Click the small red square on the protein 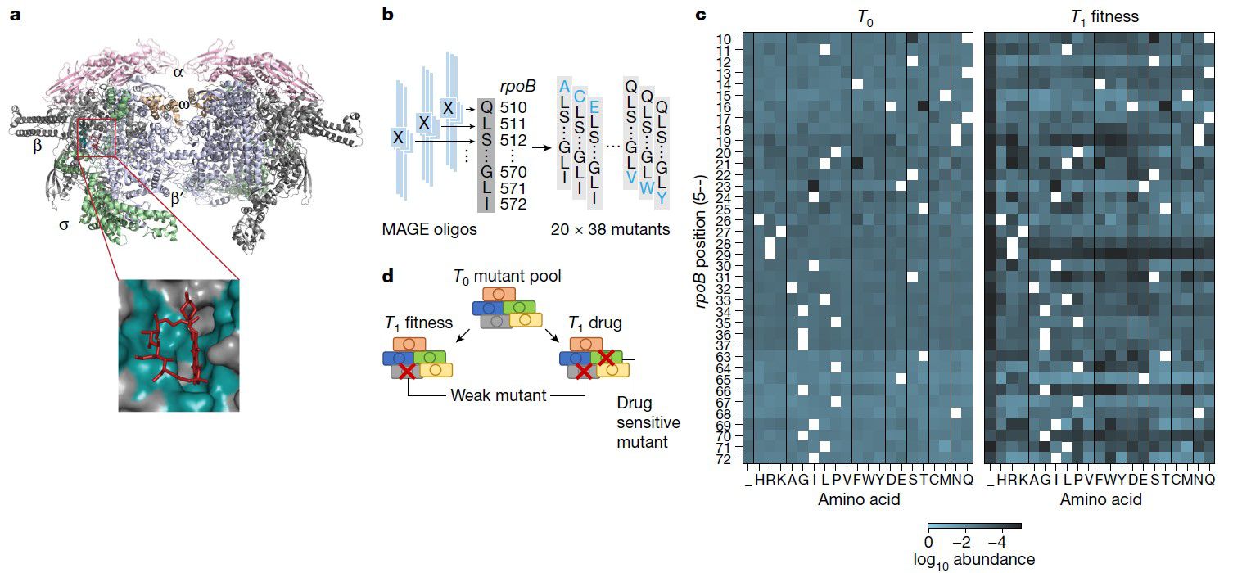97,137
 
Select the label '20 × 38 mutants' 610,230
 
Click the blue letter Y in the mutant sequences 661,198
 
